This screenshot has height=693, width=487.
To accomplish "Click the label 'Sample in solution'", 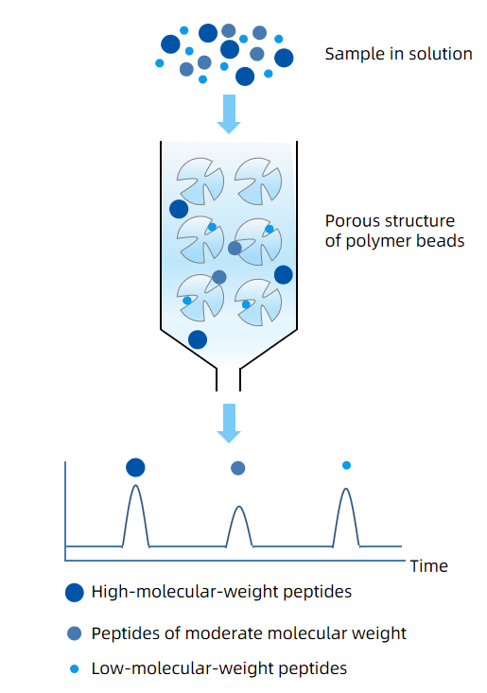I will tap(398, 54).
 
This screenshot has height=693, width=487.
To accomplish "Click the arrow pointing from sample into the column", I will tap(229, 113).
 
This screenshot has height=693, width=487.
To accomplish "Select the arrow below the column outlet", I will tap(229, 422).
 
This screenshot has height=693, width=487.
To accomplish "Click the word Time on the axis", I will tap(428, 566).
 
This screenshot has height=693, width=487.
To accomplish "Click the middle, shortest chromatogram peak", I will tap(239, 525).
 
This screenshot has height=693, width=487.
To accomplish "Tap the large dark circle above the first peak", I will tap(135, 467).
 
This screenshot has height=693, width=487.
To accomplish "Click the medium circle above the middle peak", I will tap(238, 467).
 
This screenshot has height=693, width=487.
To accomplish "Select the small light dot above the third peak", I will tap(346, 465).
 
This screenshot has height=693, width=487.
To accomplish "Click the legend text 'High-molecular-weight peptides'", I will tap(221, 593).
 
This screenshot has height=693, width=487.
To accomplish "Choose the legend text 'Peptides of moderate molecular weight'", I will tap(249, 632).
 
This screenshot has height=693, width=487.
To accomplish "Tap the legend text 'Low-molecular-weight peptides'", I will tap(219, 668).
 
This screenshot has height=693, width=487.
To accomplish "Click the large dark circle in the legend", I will tap(75, 594).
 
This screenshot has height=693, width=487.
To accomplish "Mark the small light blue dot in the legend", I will tap(75, 669).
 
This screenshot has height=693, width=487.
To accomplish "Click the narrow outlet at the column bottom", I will tap(229, 378).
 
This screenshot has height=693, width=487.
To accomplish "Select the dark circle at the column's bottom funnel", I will tap(198, 339).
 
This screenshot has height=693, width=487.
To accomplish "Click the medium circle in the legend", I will tap(75, 632).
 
